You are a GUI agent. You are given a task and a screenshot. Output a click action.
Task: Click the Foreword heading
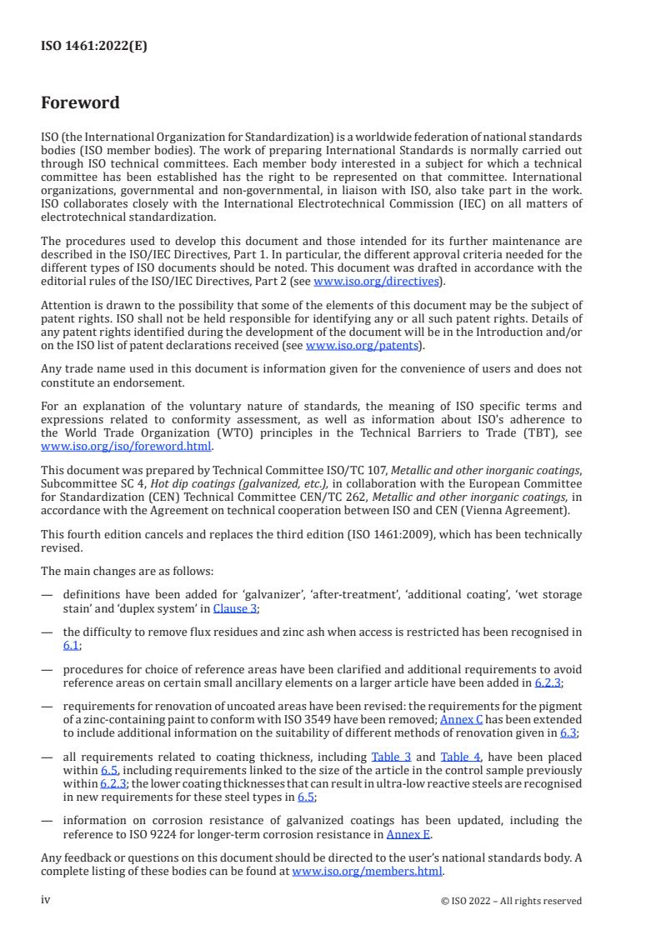80,103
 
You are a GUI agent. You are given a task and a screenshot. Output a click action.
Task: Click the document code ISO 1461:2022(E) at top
93,47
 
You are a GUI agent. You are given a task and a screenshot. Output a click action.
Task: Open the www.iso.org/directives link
376,282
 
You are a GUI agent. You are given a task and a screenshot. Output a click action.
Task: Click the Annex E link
408,832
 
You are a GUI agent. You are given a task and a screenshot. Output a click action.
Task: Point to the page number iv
46,900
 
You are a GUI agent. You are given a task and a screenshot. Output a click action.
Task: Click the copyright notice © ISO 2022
511,901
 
